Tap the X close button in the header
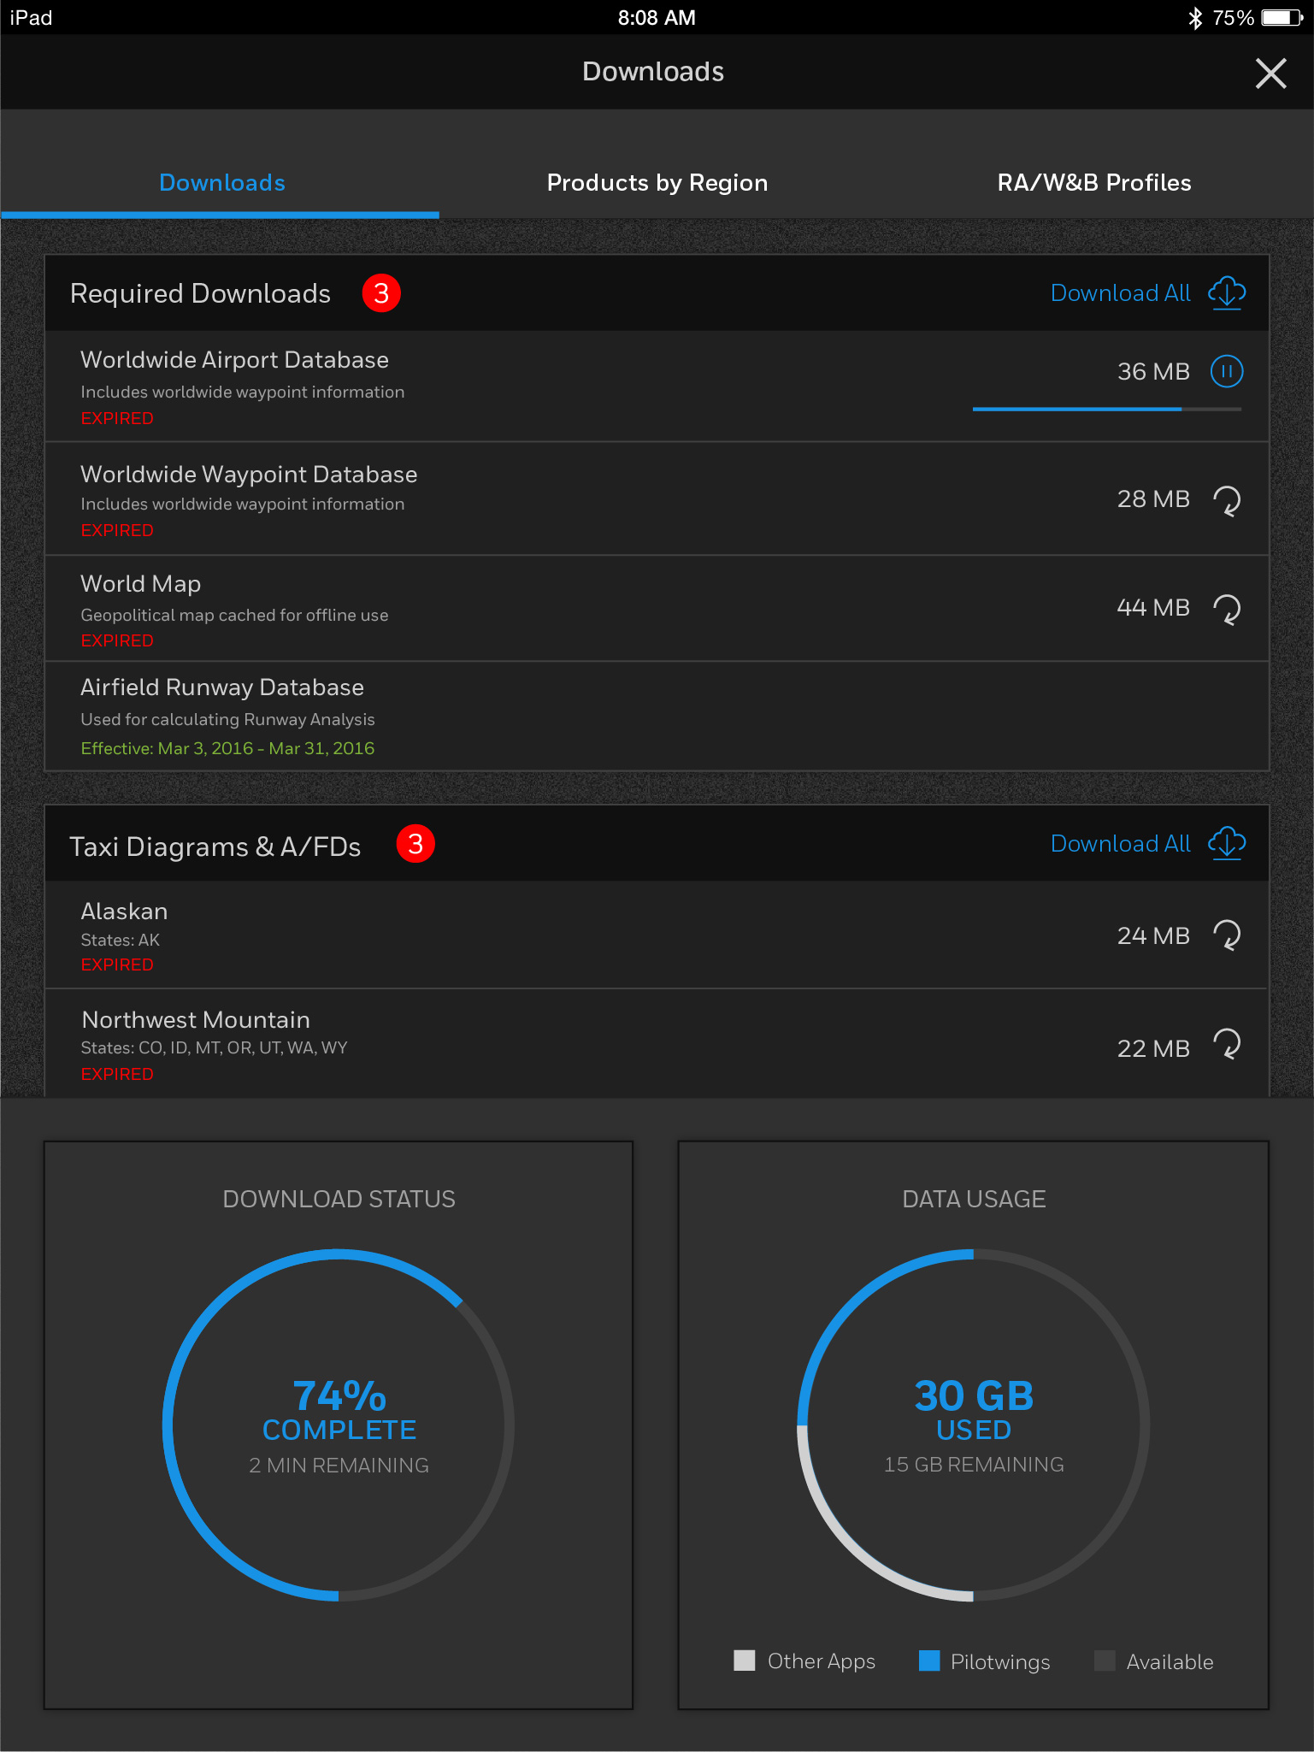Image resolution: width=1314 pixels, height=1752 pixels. pos(1270,74)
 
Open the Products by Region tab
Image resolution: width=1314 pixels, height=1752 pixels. pos(657,183)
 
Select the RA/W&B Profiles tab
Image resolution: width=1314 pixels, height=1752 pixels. pos(1093,183)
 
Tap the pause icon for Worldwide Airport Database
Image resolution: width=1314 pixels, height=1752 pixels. pos(1226,372)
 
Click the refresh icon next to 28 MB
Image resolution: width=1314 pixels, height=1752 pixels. pos(1227,500)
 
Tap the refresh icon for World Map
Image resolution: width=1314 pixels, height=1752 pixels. pos(1227,609)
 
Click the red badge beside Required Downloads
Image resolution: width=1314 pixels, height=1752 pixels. pos(381,293)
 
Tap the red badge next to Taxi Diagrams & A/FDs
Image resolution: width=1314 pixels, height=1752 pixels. pos(415,845)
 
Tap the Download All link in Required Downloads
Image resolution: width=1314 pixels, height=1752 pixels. pos(1120,293)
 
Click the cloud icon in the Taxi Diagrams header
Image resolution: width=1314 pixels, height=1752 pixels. pos(1227,844)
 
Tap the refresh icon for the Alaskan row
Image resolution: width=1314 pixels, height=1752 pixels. pos(1227,935)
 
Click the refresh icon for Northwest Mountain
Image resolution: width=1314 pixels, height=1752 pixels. pos(1227,1044)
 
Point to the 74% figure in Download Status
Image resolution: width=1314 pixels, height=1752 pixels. pos(339,1395)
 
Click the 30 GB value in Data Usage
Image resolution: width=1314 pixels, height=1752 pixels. pos(974,1395)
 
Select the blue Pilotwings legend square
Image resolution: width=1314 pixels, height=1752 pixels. pos(929,1661)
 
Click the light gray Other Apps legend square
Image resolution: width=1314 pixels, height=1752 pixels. pos(745,1661)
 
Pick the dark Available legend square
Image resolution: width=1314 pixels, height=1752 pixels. pos(1105,1661)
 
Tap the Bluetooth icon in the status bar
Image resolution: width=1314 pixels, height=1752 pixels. pos(1195,18)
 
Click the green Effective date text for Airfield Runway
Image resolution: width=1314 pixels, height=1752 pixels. pos(227,748)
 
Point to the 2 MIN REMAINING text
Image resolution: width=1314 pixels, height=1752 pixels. pos(339,1466)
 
